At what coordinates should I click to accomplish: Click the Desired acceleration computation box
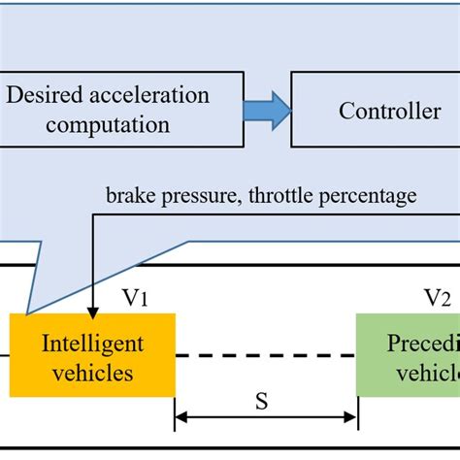[107, 111]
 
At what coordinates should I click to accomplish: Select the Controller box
[377, 111]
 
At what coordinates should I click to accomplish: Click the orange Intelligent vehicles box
[92, 354]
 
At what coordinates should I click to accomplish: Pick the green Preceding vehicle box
[408, 354]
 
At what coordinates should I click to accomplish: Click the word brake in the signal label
[128, 196]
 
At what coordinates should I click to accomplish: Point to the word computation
[107, 125]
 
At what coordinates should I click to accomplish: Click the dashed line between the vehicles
[265, 355]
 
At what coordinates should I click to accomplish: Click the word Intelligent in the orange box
[92, 343]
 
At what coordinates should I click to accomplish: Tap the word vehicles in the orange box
[92, 370]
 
